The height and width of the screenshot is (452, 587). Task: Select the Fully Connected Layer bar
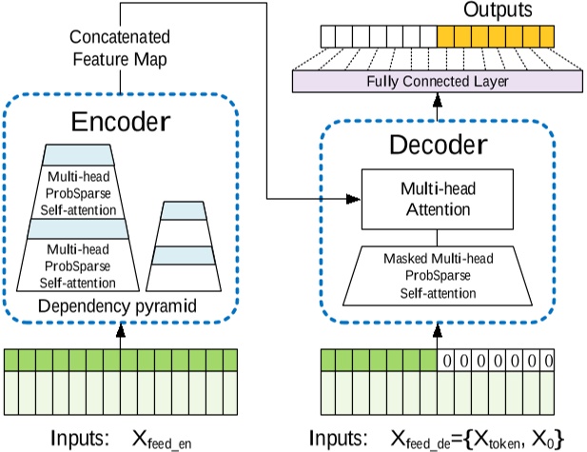point(438,82)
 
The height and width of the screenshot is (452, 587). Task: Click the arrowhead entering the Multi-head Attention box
point(356,200)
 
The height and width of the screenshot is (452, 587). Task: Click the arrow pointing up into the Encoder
point(121,333)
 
